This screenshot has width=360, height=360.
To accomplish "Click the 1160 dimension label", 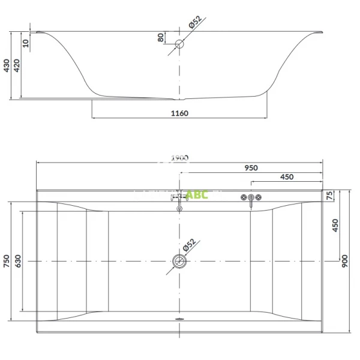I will click(179, 113).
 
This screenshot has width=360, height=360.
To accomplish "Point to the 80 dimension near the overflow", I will click(160, 37).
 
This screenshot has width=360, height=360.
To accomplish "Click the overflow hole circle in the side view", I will click(179, 44).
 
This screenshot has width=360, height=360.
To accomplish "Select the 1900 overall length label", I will click(179, 158).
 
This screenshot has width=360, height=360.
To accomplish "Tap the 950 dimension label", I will click(251, 169).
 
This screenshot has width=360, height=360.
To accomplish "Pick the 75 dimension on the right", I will click(329, 196).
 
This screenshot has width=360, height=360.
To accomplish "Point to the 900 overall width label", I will click(344, 261).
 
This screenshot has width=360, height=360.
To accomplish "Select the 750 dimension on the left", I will click(6, 261).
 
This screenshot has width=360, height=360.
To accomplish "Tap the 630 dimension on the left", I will click(19, 261).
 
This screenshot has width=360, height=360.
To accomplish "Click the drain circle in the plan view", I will click(179, 261).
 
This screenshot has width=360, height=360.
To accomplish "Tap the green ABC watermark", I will click(196, 196).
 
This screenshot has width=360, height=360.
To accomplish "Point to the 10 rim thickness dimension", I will click(25, 43).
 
